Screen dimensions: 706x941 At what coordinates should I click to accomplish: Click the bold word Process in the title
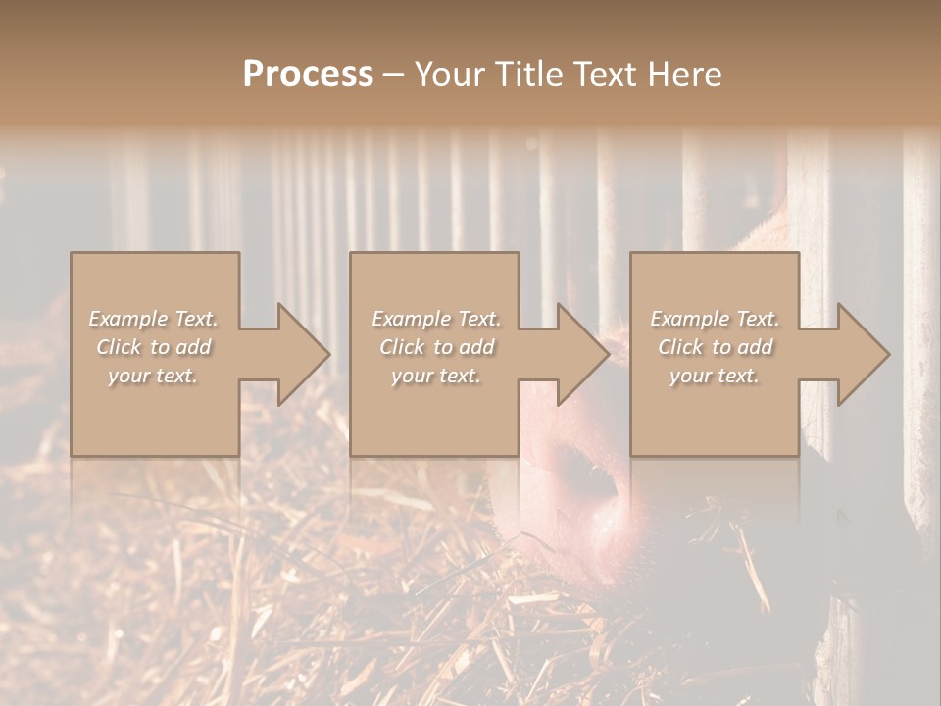tap(308, 74)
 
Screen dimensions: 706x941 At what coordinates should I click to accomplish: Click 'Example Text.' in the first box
tap(154, 319)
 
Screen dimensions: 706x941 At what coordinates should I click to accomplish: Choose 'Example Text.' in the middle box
tap(436, 319)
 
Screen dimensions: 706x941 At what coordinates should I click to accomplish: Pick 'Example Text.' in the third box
tap(715, 319)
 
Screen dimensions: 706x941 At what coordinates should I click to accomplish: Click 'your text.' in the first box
tap(153, 376)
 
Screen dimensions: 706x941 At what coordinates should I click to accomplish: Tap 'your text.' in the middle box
tap(435, 376)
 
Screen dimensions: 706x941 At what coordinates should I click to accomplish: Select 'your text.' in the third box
tap(715, 376)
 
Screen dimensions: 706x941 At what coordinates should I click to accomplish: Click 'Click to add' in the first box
tap(154, 347)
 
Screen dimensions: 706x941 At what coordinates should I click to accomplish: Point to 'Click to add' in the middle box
tap(436, 347)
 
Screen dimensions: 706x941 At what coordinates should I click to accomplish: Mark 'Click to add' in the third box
tap(715, 347)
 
